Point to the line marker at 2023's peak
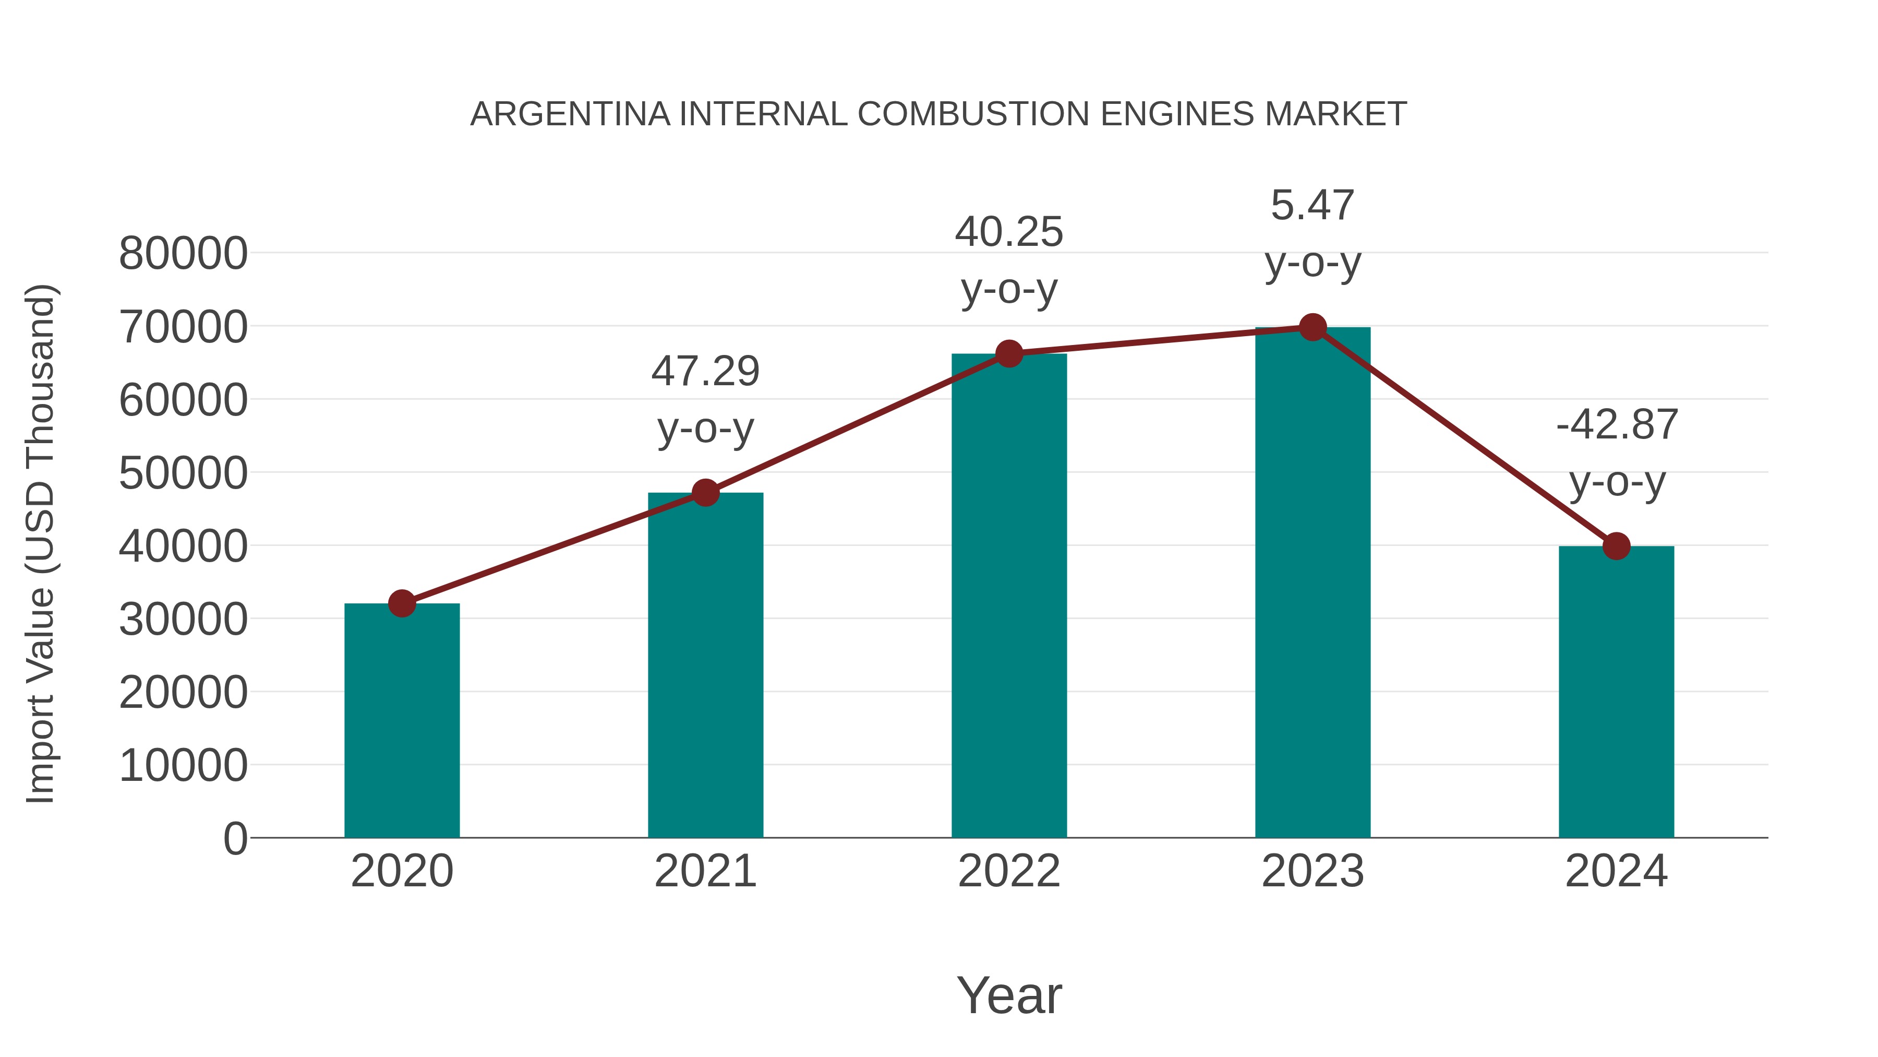click(x=1313, y=327)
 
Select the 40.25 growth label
click(x=1009, y=260)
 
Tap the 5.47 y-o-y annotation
click(x=1313, y=233)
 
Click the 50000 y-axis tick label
click(x=183, y=473)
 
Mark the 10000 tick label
click(x=183, y=766)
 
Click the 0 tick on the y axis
click(x=235, y=839)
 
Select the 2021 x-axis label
click(x=705, y=871)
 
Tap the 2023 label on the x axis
click(x=1313, y=871)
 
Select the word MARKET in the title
click(x=1335, y=114)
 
